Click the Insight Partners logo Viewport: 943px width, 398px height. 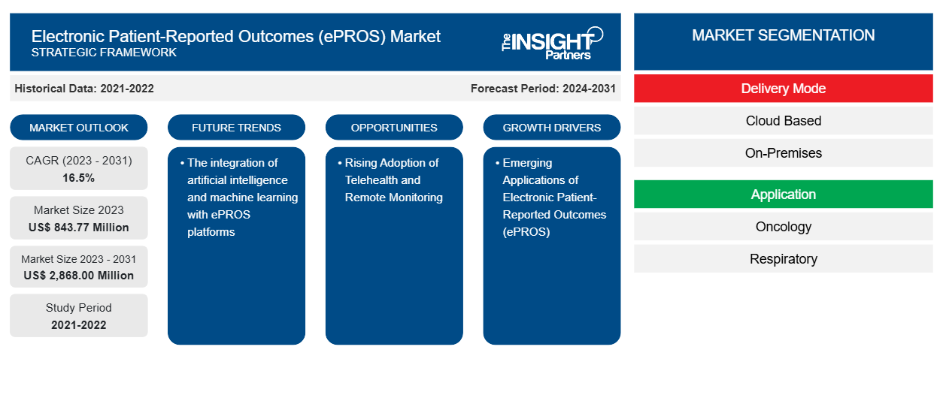[552, 42]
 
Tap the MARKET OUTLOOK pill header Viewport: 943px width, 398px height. [79, 128]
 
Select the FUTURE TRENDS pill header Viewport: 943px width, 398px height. [236, 128]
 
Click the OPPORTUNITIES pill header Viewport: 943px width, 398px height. [394, 128]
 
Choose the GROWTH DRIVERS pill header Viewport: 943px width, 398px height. [552, 128]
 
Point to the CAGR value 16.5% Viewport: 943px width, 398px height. [79, 178]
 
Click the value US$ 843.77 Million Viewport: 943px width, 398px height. [79, 228]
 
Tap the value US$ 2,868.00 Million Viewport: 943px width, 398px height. [79, 276]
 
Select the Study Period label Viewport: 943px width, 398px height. [79, 308]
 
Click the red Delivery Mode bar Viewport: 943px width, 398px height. [783, 89]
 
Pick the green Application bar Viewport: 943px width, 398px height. [783, 194]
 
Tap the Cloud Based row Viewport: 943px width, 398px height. [783, 121]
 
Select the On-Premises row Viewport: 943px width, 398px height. [783, 153]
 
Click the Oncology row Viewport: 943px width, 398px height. [783, 227]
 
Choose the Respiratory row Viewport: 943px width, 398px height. [783, 259]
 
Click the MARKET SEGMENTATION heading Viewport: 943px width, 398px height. [783, 35]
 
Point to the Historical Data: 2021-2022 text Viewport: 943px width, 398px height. [84, 89]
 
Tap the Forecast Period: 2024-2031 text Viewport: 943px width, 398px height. [543, 89]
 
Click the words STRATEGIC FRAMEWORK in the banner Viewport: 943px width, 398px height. [105, 53]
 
